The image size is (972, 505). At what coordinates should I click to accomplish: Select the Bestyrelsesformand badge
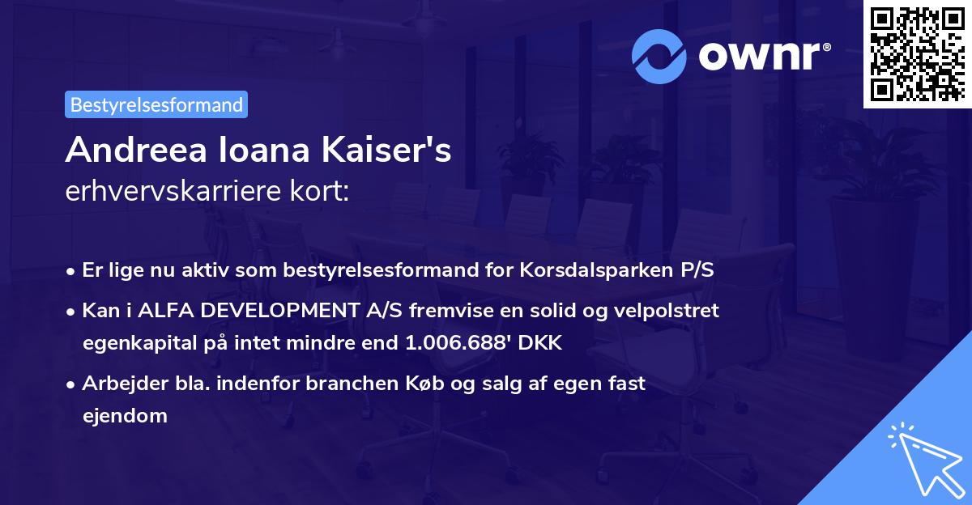tap(156, 104)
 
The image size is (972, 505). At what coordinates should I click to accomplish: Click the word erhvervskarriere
tap(169, 193)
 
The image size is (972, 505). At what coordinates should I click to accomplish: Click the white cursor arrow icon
tap(923, 457)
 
